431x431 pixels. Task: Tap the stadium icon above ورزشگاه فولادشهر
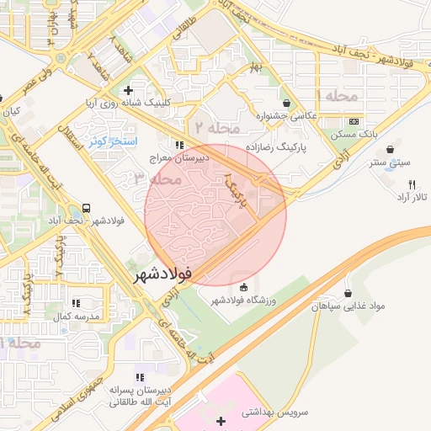click(244, 287)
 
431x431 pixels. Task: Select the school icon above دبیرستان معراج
click(178, 143)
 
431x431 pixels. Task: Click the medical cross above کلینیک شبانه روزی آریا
click(128, 89)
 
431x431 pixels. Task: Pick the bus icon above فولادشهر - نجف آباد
click(87, 207)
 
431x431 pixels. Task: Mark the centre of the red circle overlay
click(215, 215)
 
